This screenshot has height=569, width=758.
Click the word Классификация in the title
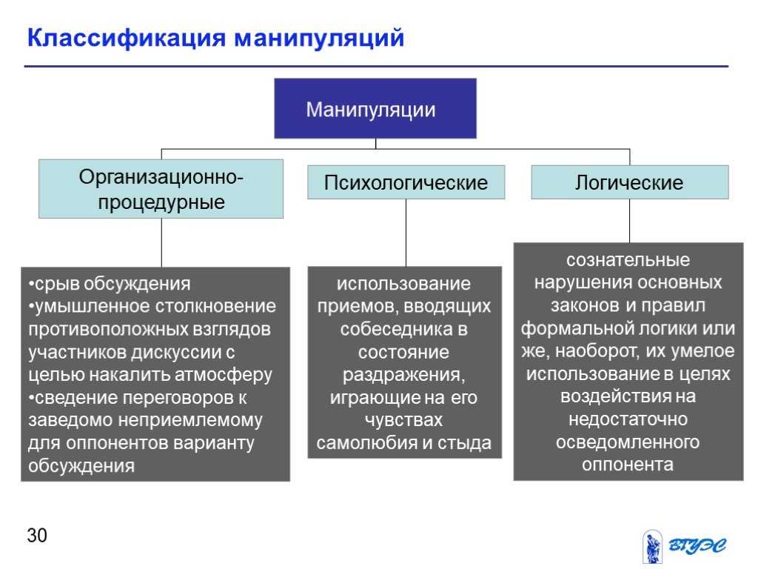[x=127, y=39]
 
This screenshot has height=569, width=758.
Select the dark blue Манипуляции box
[x=375, y=108]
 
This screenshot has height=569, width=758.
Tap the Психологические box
[x=406, y=182]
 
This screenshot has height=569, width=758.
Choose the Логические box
[x=630, y=182]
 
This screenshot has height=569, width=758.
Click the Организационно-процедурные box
[x=161, y=189]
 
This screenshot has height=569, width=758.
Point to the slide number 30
[x=37, y=536]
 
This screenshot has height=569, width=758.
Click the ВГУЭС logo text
[x=697, y=546]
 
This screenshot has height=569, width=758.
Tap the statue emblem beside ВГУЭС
[x=653, y=547]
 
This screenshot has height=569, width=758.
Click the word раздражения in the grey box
[x=403, y=374]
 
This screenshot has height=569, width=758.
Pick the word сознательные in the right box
[x=628, y=260]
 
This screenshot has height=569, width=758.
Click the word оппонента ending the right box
[x=628, y=465]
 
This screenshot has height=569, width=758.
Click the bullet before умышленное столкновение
[x=31, y=306]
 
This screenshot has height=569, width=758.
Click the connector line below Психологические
[x=406, y=233]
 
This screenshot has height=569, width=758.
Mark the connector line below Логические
[x=630, y=221]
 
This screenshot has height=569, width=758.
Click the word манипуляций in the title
[x=319, y=39]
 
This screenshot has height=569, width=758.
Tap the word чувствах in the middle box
[x=403, y=420]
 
